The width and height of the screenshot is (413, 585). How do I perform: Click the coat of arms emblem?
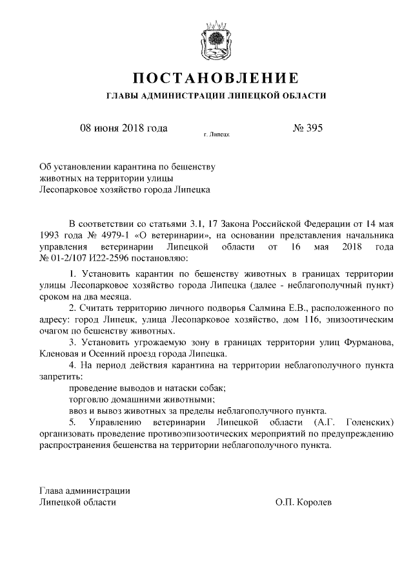point(216,39)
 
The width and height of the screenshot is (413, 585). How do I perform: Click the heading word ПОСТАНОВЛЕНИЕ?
point(216,78)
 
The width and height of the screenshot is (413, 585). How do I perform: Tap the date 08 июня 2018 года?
point(123,127)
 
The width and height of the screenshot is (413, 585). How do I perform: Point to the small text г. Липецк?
point(216,136)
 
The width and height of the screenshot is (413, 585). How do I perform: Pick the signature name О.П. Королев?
point(303,502)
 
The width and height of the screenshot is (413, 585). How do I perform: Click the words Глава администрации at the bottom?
point(85,489)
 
